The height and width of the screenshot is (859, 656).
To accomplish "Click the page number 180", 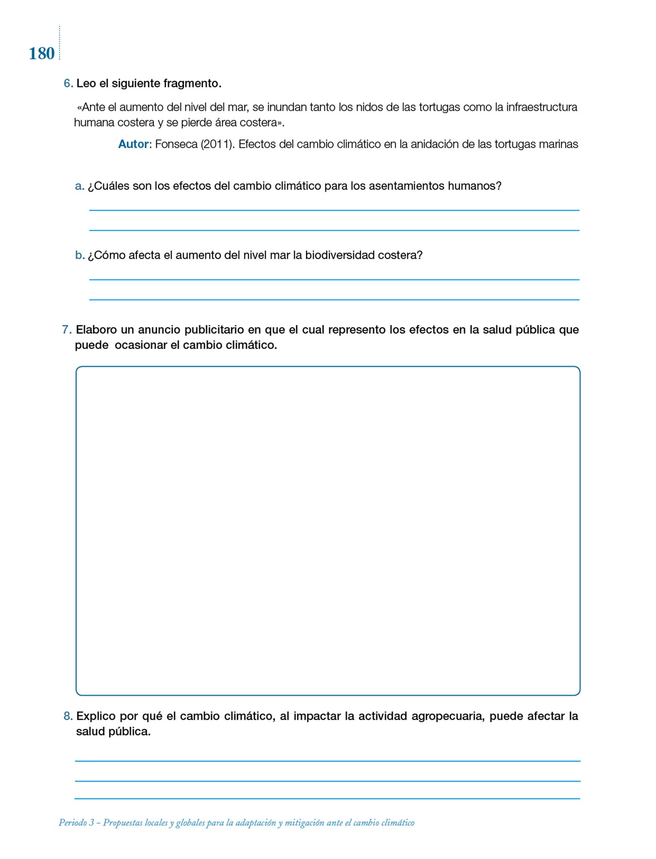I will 42,54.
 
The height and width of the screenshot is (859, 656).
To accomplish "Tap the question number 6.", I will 68,83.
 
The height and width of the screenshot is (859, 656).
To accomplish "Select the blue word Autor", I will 133,144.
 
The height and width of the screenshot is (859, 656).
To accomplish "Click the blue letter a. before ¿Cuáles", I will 79,186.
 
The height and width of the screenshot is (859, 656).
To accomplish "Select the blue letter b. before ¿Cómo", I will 80,255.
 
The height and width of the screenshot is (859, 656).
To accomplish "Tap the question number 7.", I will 67,330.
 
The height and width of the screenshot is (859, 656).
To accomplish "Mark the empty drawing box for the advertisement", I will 328,530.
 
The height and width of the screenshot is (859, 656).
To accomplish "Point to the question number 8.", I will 68,716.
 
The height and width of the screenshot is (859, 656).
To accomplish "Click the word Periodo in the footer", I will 73,823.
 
